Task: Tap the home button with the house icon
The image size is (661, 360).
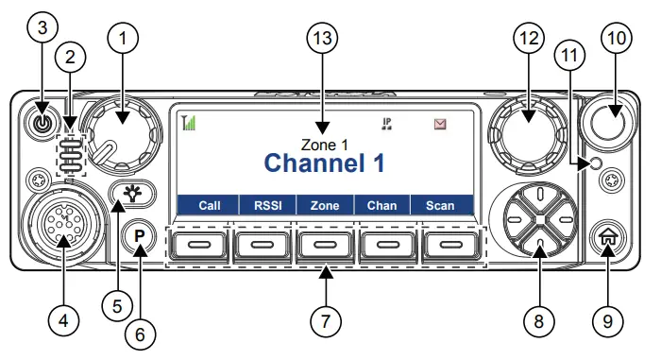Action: [x=608, y=240]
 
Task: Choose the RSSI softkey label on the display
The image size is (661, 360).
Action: [x=263, y=205]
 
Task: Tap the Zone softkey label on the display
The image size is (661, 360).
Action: [x=325, y=205]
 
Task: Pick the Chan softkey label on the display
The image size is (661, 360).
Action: [x=381, y=205]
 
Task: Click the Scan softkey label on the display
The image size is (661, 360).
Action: [x=440, y=205]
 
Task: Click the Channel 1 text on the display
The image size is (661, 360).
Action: [x=324, y=163]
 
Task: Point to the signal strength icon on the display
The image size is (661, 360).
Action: [x=190, y=123]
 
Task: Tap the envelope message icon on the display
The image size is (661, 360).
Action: [x=440, y=124]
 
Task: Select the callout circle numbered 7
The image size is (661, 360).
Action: [x=325, y=321]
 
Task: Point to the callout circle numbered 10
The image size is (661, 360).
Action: [x=618, y=39]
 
